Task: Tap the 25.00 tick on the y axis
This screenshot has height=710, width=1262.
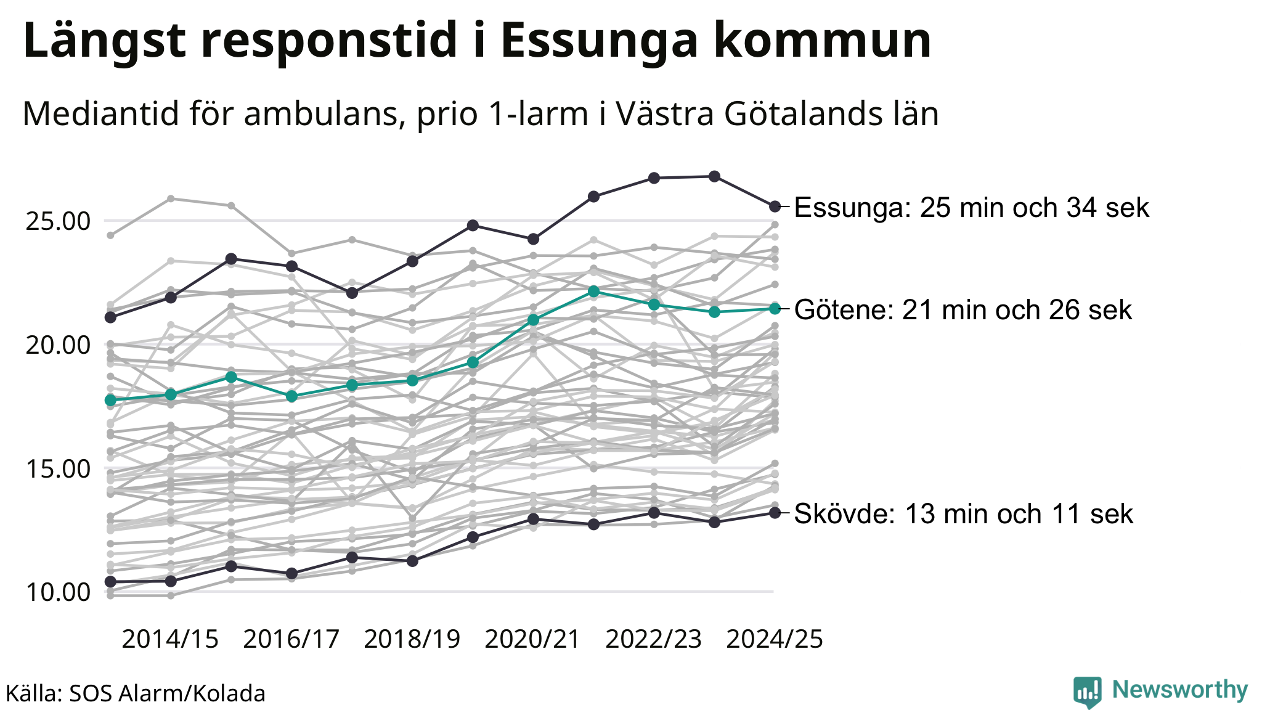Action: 58,221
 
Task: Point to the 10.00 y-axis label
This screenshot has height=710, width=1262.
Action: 58,592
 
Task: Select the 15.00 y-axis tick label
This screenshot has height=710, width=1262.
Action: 58,468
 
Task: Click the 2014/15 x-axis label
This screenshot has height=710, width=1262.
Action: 170,640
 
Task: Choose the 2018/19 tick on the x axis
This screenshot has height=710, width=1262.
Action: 412,640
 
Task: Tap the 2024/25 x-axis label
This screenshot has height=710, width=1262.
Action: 775,640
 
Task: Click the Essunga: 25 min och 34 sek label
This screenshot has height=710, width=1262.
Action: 971,208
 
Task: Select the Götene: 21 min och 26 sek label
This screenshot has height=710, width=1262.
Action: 963,310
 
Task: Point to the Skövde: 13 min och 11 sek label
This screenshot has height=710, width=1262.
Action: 963,514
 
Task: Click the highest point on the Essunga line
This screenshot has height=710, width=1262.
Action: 714,177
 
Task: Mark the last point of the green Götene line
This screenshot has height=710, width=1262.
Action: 775,309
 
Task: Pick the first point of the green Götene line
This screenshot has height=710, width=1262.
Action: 111,401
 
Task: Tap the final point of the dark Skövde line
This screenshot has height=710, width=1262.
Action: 775,513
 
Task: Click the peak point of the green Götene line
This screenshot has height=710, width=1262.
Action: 593,291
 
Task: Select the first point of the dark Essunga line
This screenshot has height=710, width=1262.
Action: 111,317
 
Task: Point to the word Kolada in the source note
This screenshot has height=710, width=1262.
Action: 229,694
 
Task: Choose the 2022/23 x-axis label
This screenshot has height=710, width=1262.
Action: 654,640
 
